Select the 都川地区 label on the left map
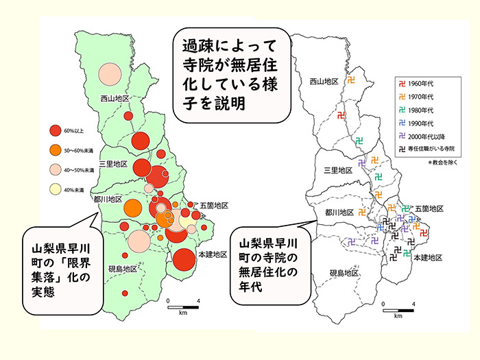(108, 199)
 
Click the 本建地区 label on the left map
(211, 254)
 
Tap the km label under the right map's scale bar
(398, 317)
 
